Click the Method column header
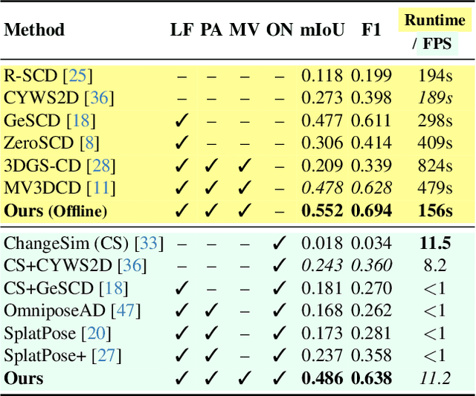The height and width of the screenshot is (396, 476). (34, 30)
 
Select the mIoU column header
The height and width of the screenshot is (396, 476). (322, 30)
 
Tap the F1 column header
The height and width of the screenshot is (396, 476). (371, 30)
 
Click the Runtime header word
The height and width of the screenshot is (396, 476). (435, 20)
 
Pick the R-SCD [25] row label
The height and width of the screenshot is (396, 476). (48, 75)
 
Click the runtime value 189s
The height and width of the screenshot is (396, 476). (434, 97)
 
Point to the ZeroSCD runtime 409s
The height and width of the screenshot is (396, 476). (434, 143)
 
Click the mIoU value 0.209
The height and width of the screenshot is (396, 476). (322, 165)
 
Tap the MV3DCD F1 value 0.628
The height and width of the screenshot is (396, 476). (371, 188)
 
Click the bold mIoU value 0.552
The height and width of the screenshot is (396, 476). (322, 210)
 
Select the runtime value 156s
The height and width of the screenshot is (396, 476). (434, 210)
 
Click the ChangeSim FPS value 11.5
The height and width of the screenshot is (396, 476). (436, 243)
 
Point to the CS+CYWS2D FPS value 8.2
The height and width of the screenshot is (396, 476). (436, 265)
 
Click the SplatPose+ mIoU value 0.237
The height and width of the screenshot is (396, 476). (322, 355)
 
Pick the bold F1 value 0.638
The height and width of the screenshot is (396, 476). (371, 378)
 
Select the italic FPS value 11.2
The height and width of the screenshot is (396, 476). (436, 378)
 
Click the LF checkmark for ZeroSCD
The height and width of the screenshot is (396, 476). (180, 143)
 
